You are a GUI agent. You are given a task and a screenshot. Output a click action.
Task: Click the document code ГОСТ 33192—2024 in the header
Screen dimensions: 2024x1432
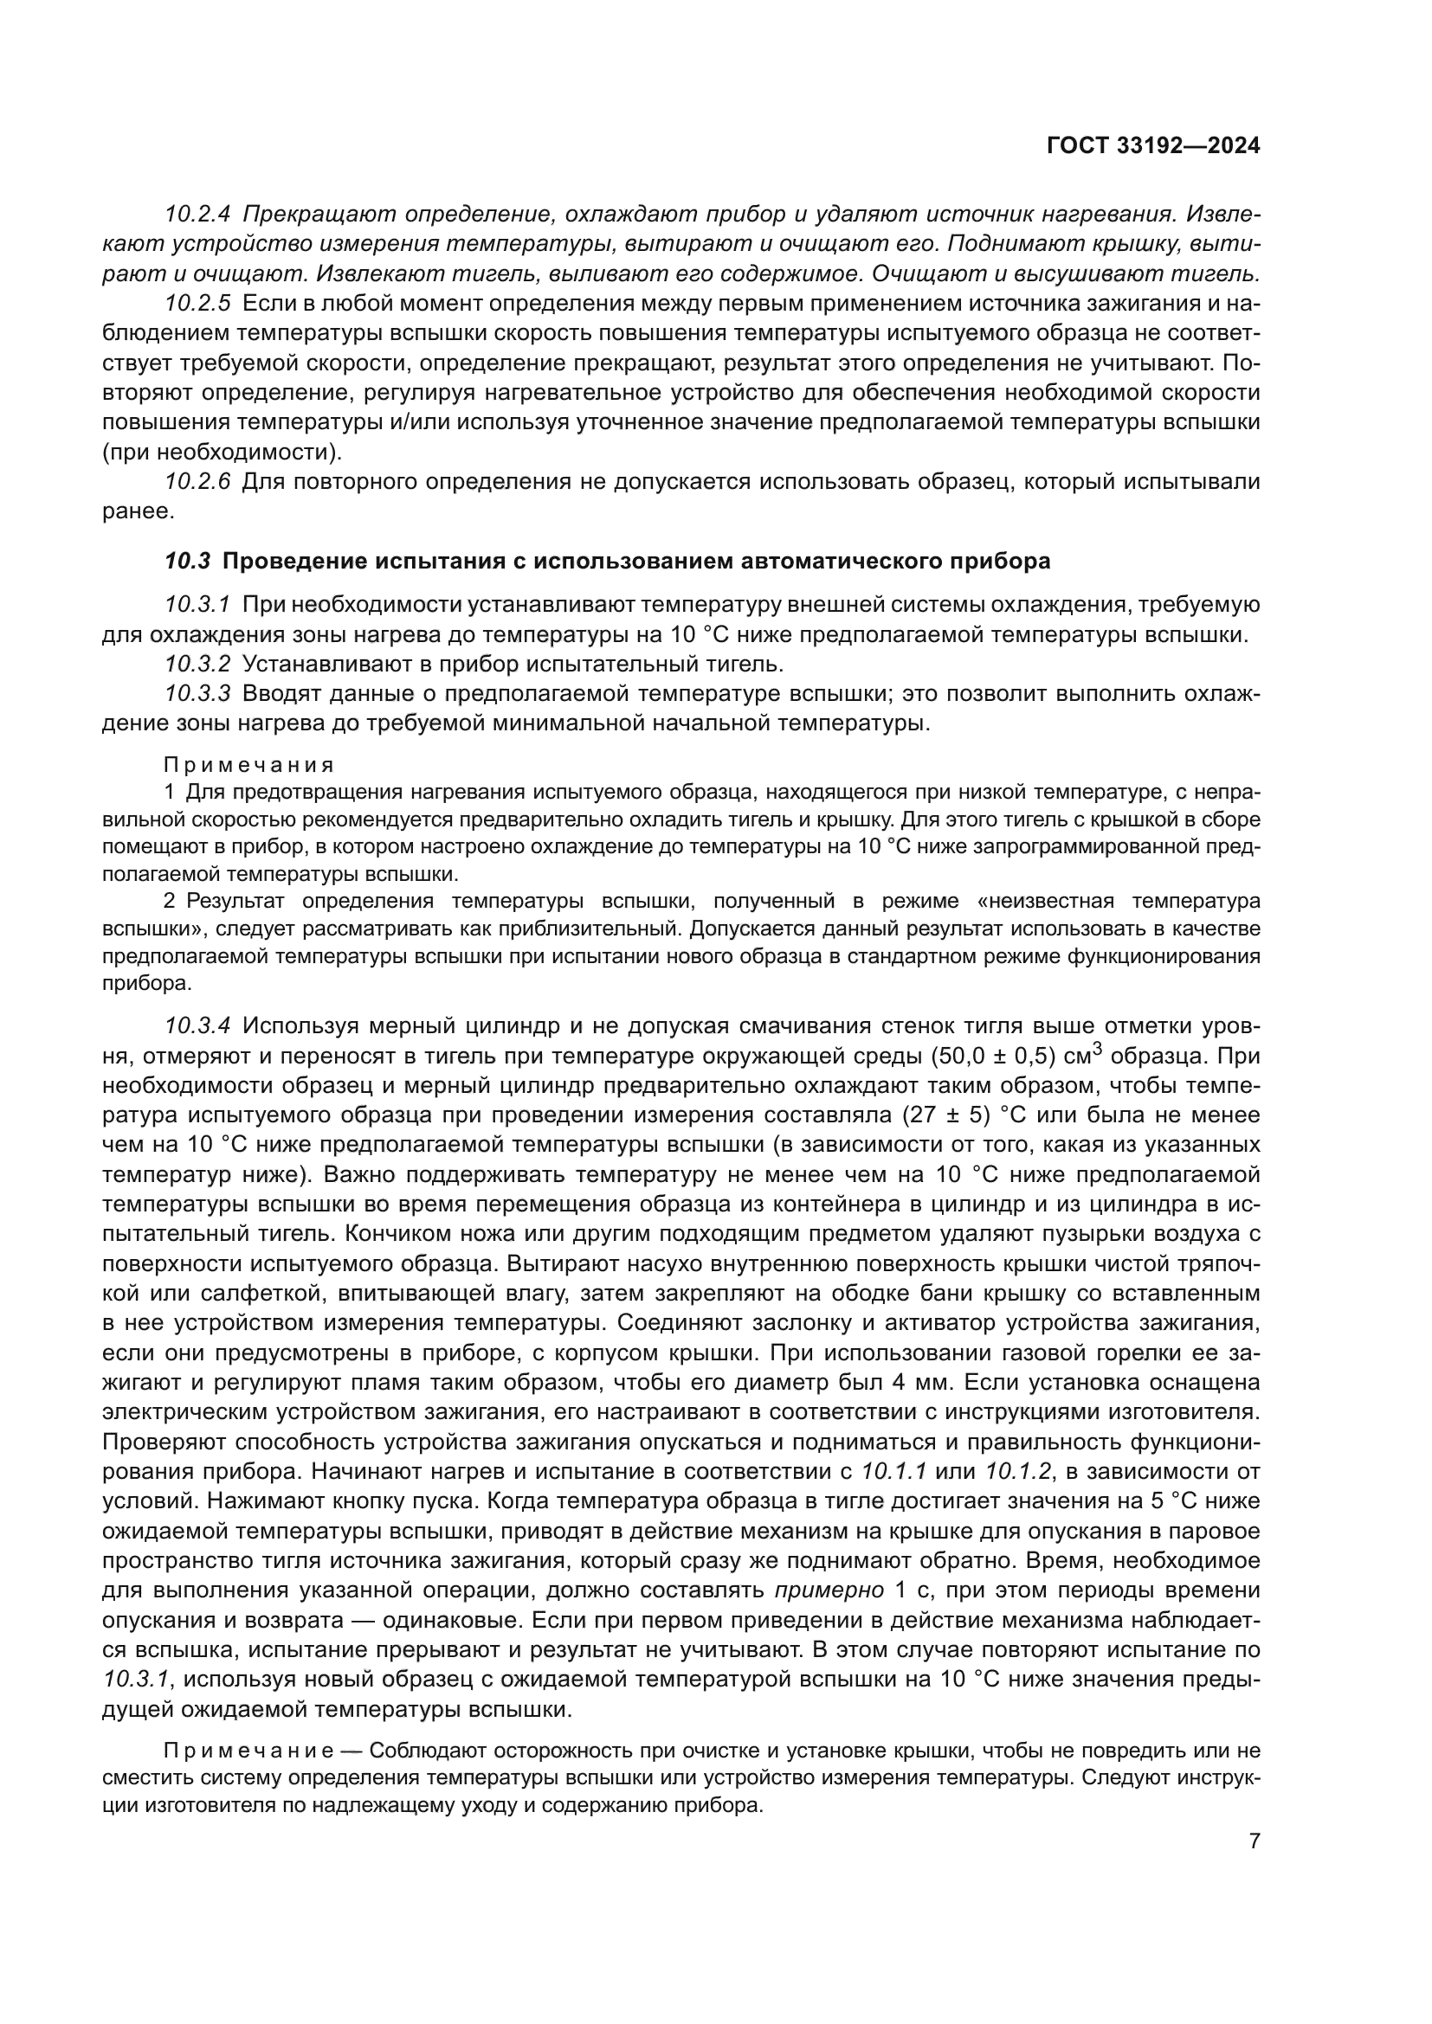[x=1152, y=146]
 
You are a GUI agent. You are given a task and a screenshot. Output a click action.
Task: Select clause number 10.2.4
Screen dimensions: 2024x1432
[x=197, y=215]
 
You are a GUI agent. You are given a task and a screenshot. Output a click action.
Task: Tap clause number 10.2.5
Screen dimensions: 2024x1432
[x=197, y=304]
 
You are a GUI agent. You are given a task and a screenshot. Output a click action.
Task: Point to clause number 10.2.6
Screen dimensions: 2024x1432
[x=197, y=482]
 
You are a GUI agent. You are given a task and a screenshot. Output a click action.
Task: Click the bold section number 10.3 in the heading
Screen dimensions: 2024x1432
[x=188, y=562]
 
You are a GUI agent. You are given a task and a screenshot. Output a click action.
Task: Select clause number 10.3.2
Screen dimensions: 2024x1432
[x=197, y=664]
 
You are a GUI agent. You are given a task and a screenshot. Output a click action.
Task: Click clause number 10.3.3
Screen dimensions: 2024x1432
[x=197, y=694]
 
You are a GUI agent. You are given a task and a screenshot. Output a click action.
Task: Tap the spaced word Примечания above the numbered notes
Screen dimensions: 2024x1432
[x=249, y=764]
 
